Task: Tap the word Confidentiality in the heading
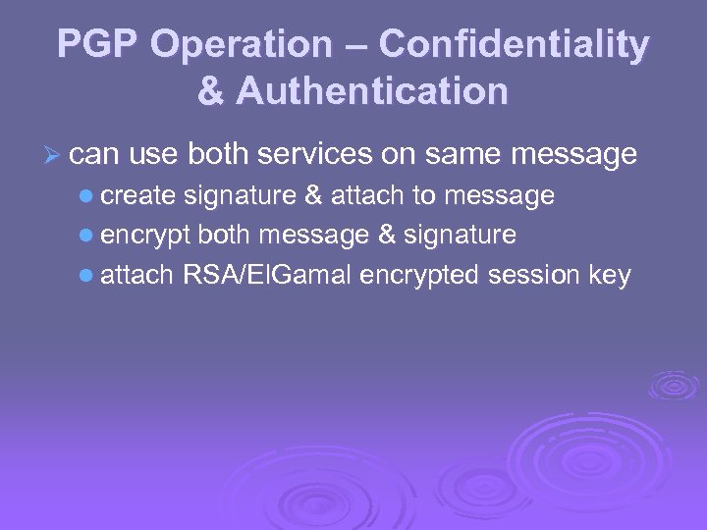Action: point(514,45)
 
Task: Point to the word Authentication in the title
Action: point(371,91)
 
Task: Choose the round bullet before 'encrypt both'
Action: point(86,237)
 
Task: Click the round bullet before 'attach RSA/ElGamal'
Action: point(86,277)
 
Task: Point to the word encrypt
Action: point(145,237)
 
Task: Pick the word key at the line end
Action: point(610,276)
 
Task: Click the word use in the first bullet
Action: point(151,155)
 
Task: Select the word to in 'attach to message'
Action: point(424,196)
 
